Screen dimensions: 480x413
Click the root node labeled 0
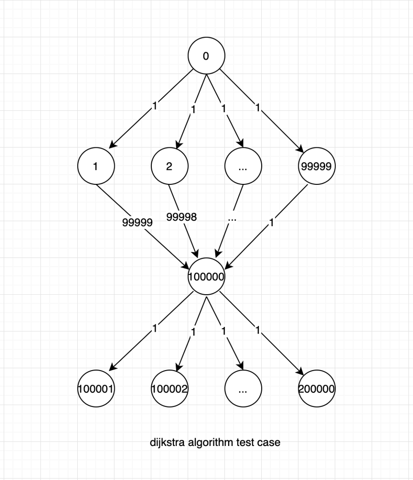[x=206, y=56]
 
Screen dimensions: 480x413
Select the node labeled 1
[x=96, y=167]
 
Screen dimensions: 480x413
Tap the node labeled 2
[x=169, y=167]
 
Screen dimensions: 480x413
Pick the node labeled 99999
[x=316, y=167]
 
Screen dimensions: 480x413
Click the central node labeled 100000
[x=206, y=277]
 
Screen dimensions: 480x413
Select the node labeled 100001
[x=96, y=389]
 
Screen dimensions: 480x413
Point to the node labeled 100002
[x=170, y=389]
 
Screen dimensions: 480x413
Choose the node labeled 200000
[x=316, y=389]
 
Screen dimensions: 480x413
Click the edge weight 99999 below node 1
[x=137, y=222]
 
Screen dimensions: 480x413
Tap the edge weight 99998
[x=182, y=217]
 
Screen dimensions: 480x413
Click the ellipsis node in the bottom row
[x=243, y=389]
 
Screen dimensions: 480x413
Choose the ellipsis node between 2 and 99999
[x=243, y=167]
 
